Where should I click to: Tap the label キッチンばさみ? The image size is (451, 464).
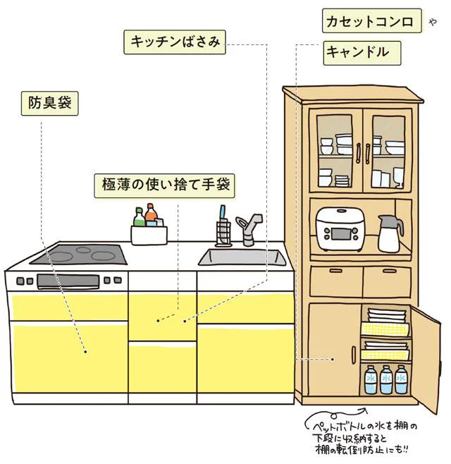click(175, 42)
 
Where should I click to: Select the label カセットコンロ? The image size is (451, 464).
click(369, 21)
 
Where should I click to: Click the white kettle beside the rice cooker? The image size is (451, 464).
click(390, 233)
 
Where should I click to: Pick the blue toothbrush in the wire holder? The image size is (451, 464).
click(223, 215)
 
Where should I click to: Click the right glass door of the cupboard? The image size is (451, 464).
click(387, 151)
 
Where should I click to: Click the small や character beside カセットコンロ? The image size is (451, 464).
click(433, 22)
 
